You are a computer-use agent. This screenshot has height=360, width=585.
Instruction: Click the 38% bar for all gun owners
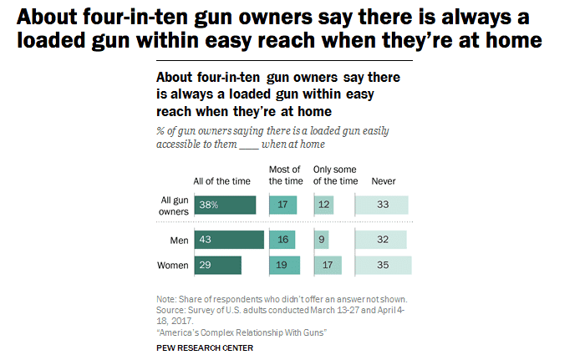(x=225, y=205)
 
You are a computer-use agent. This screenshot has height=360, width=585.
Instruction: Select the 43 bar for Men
(x=229, y=241)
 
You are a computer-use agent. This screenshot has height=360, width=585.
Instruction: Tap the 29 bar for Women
(x=217, y=266)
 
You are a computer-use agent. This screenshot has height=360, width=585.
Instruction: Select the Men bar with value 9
(x=322, y=241)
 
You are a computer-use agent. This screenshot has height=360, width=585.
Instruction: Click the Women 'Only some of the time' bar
(x=328, y=266)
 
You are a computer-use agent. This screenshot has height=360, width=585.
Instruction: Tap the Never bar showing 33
(x=382, y=205)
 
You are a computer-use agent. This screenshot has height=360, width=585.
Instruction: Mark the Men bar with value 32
(x=381, y=241)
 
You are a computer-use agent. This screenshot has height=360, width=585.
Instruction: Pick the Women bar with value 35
(x=384, y=266)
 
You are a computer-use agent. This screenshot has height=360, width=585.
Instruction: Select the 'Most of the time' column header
(x=286, y=175)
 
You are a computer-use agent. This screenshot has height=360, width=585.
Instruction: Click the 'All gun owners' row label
(x=173, y=205)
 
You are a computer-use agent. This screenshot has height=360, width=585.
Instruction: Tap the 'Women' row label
(x=172, y=266)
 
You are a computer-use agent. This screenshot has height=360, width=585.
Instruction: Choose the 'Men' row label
(x=178, y=241)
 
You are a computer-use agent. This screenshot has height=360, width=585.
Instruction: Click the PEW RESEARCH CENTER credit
(x=205, y=346)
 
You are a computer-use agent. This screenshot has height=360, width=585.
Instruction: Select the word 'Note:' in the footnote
(x=166, y=299)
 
